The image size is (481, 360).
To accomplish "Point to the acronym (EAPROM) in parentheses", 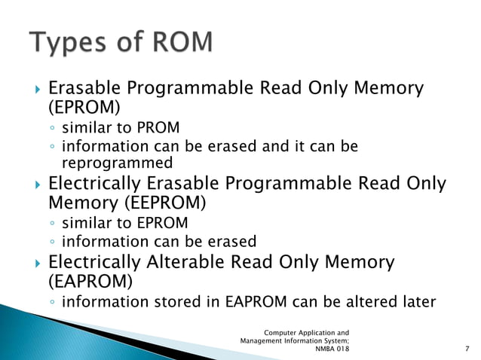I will click(x=87, y=282).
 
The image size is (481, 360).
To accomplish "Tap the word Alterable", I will click(x=184, y=263).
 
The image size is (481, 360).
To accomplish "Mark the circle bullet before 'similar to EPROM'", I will click(x=52, y=223).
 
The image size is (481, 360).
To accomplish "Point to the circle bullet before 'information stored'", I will click(x=52, y=303).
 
